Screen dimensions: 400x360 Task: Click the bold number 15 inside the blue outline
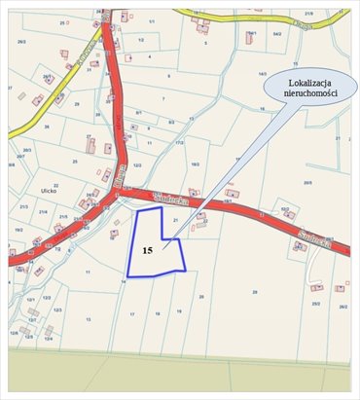[x=147, y=250]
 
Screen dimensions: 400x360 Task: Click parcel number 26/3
[x=22, y=42]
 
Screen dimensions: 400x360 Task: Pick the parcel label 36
[x=46, y=127]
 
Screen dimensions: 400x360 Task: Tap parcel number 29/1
[x=47, y=77]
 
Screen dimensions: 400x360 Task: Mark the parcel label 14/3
[x=262, y=74]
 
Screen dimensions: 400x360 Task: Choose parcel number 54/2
[x=277, y=34]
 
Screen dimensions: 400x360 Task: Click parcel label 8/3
[x=171, y=122]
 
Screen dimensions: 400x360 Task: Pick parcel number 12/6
[x=15, y=332]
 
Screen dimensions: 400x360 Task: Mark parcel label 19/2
[x=18, y=230]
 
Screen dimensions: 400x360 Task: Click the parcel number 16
[x=262, y=110]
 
